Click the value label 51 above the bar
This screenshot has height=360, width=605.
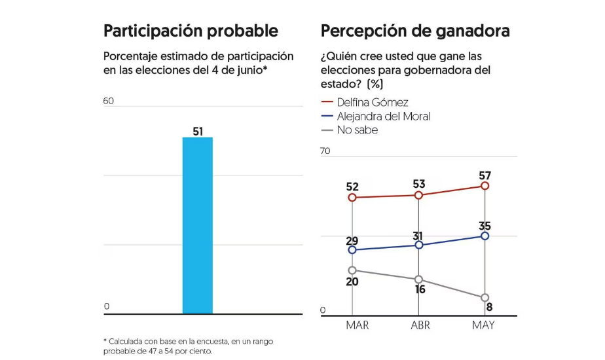coord(198,132)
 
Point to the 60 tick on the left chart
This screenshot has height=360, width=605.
coord(109,101)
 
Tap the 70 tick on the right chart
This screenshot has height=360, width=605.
coord(325,151)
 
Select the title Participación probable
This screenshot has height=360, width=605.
coord(191,31)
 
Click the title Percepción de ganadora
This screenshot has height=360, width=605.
coord(415,31)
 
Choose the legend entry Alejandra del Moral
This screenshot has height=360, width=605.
coord(383,116)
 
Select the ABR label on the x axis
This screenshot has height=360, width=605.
coord(419,325)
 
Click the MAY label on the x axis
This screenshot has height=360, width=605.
coord(485,325)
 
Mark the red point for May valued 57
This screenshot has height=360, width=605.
coord(485,186)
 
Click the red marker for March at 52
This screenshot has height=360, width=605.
coord(352,197)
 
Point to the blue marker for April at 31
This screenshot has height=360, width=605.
coord(419,245)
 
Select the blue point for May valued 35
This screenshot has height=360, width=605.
coord(485,236)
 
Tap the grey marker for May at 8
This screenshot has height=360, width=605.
coord(485,298)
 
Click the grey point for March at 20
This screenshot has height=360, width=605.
coord(352,270)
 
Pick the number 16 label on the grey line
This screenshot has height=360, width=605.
coord(420,289)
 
